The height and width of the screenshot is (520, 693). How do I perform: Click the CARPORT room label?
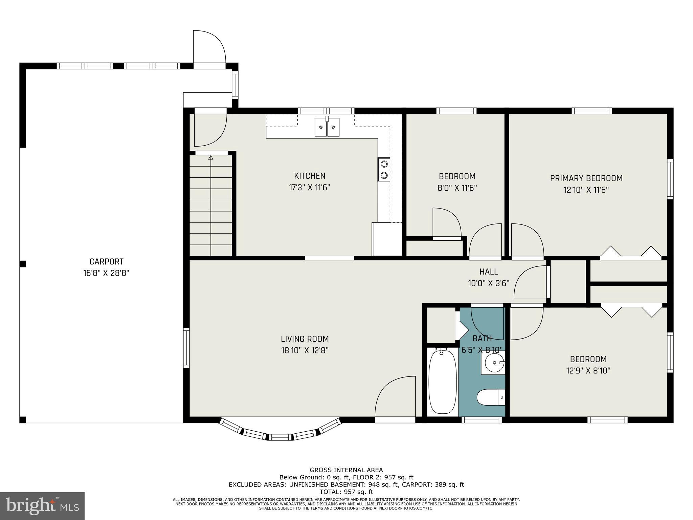pyautogui.click(x=106, y=262)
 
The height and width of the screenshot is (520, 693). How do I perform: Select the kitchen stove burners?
pyautogui.click(x=384, y=170)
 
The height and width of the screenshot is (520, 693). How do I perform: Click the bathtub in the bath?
pyautogui.click(x=442, y=382)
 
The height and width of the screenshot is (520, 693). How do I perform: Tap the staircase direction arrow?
pyautogui.click(x=211, y=158)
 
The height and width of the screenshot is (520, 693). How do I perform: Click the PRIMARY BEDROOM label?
pyautogui.click(x=586, y=178)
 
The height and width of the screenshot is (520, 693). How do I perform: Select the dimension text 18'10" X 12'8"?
pyautogui.click(x=305, y=350)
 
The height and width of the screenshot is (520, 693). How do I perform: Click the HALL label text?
pyautogui.click(x=489, y=272)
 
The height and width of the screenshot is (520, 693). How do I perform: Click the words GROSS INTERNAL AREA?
pyautogui.click(x=346, y=470)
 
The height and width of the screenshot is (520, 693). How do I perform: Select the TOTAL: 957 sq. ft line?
pyautogui.click(x=346, y=492)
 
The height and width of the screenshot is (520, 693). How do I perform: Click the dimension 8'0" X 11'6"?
pyautogui.click(x=457, y=188)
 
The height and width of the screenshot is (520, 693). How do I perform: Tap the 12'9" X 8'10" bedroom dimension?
pyautogui.click(x=588, y=371)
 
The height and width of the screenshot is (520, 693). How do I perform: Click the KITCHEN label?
pyautogui.click(x=310, y=176)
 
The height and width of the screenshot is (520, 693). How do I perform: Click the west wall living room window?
pyautogui.click(x=186, y=348)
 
